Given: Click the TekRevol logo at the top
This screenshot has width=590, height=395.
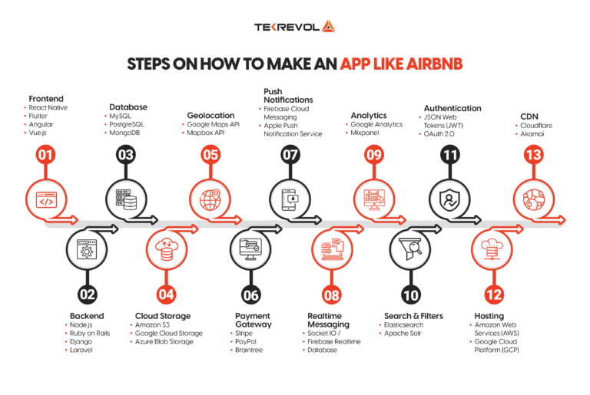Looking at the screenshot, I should point(294,27).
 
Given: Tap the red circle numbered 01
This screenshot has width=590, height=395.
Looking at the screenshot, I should point(46,155).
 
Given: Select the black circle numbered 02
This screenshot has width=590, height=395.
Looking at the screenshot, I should point(87,292).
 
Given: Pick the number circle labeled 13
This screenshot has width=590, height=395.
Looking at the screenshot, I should point(531,155).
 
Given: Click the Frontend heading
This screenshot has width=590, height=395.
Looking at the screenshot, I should point(45,99).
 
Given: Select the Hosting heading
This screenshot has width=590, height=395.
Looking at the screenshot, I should point(489,315).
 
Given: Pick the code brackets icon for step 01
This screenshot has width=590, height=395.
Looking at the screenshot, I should point(46,200).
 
